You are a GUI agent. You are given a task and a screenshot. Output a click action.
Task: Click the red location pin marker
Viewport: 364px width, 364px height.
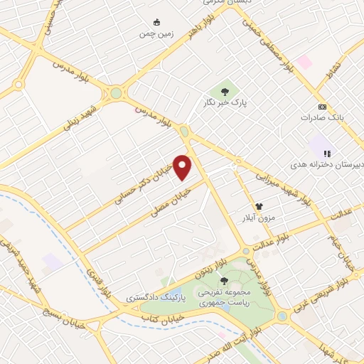[x=183, y=168]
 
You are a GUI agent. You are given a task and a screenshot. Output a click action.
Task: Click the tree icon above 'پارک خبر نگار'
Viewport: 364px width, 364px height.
[x=225, y=92]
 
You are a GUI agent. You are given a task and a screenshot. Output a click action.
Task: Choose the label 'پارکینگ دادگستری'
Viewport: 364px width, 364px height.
[x=154, y=296]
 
